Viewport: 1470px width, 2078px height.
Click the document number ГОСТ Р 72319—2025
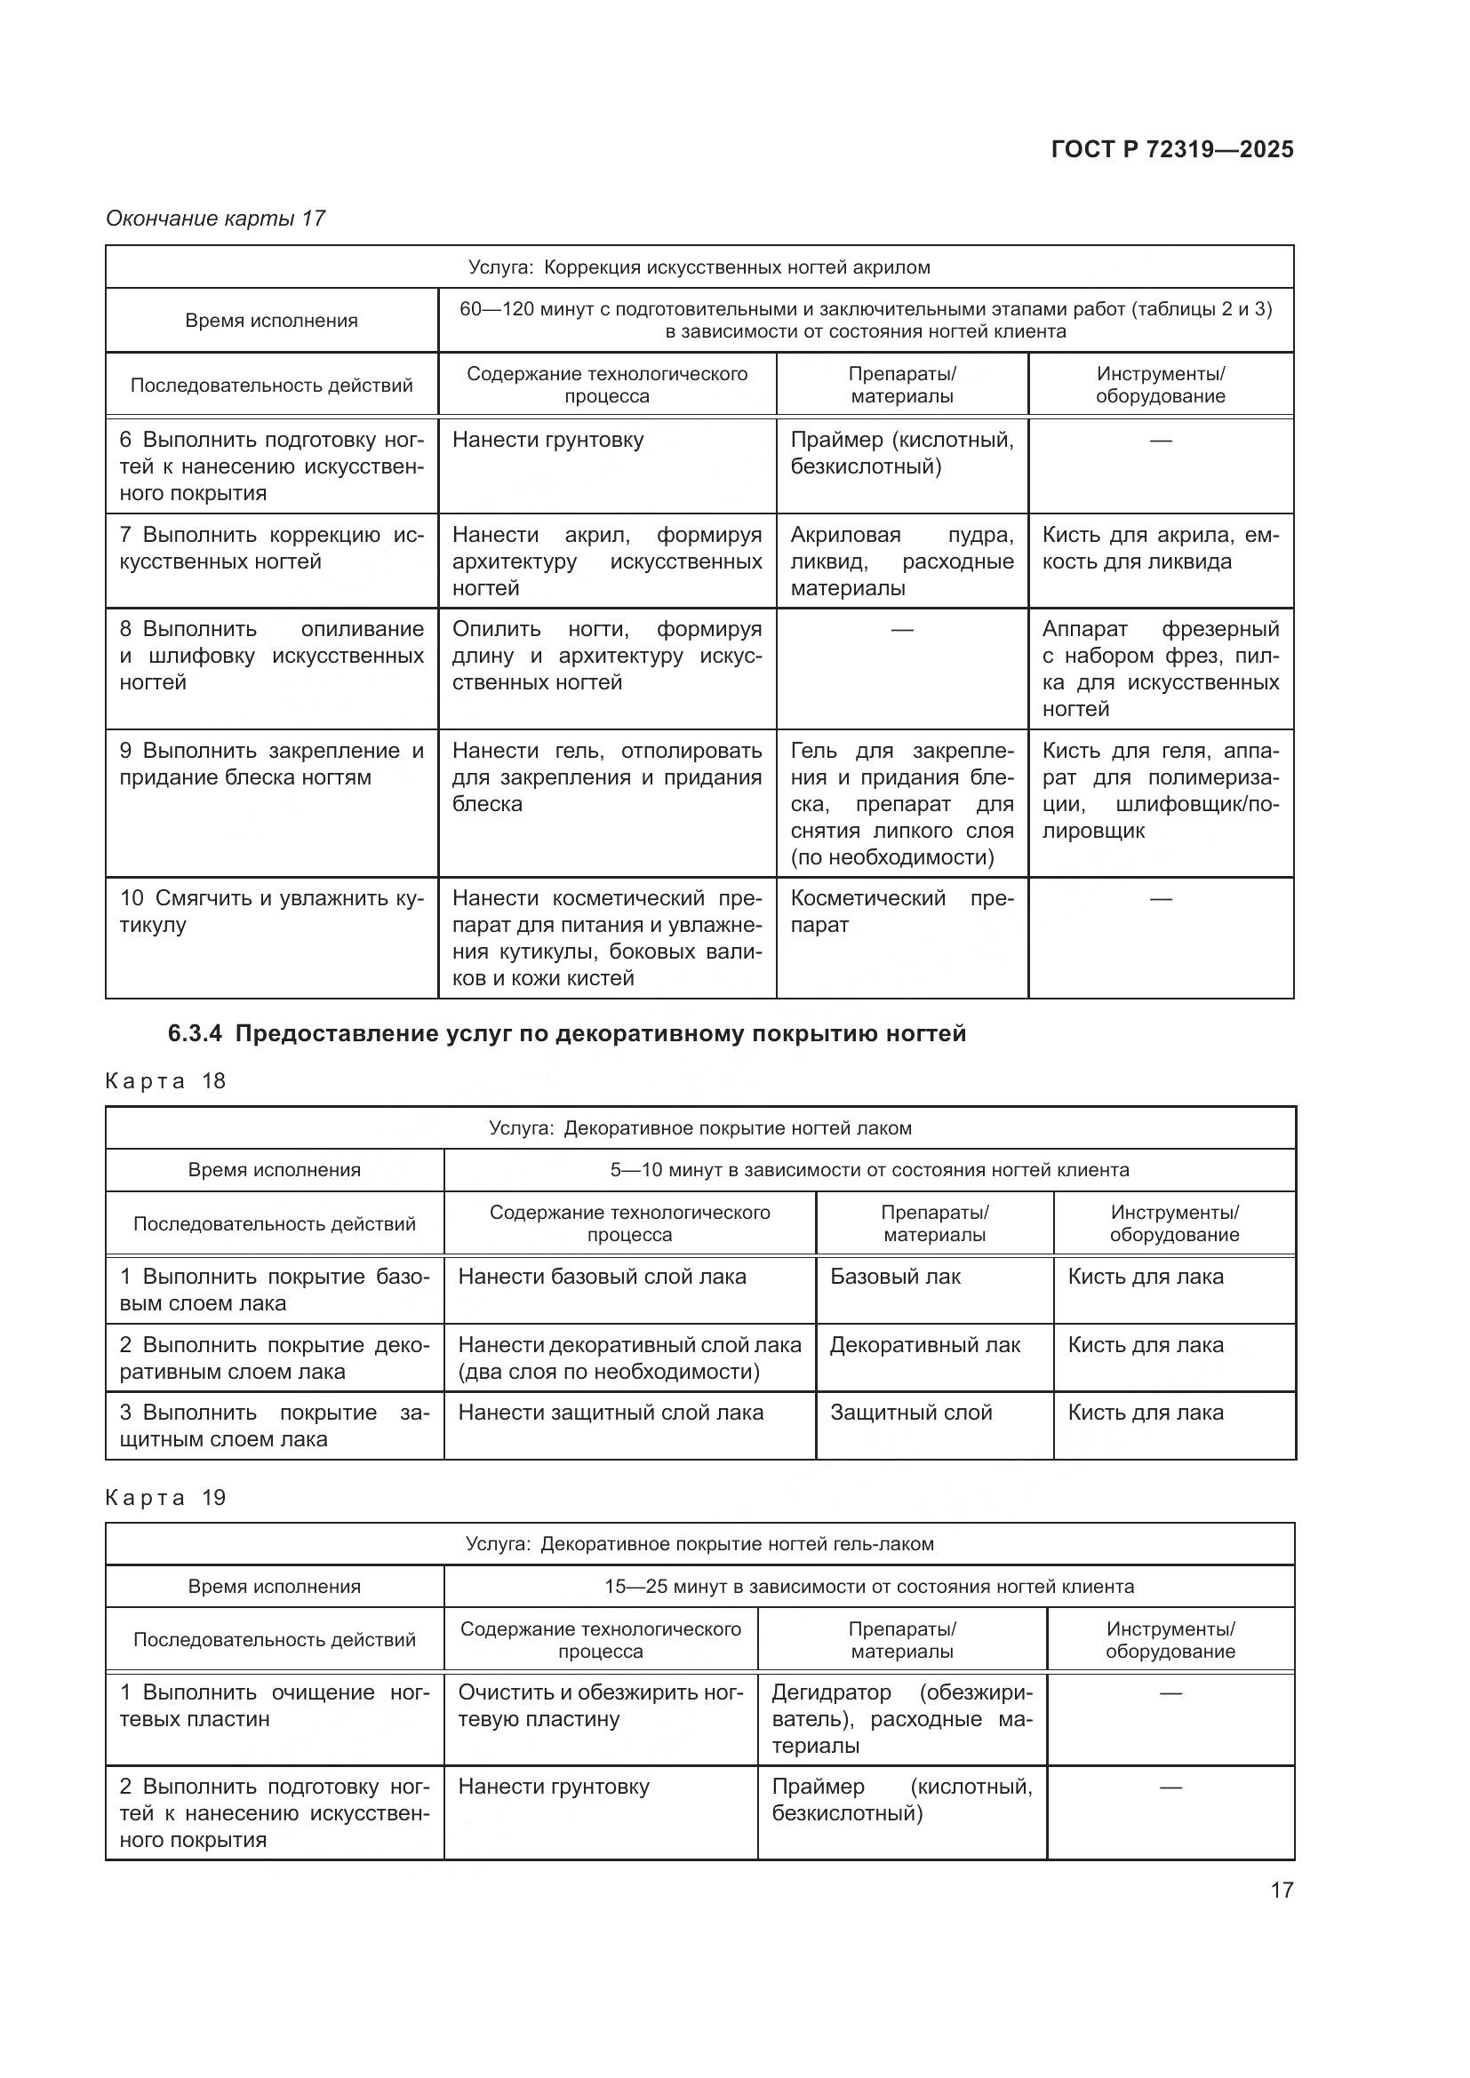click(x=1171, y=149)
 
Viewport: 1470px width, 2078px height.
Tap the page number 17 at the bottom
click(x=1281, y=1890)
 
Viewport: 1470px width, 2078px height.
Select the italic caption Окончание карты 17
click(x=215, y=219)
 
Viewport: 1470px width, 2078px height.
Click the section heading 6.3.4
click(x=567, y=1033)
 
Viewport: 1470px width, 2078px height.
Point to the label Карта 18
click(x=165, y=1080)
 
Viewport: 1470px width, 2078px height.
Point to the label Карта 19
click(x=165, y=1497)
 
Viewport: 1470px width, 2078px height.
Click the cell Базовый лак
click(x=894, y=1277)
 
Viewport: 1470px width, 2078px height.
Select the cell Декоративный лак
click(x=924, y=1345)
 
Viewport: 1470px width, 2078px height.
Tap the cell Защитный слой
click(x=911, y=1413)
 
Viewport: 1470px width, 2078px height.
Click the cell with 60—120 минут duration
click(x=866, y=321)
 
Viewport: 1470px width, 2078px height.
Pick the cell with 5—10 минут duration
click(x=869, y=1170)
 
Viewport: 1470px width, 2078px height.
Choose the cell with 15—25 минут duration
click(x=869, y=1587)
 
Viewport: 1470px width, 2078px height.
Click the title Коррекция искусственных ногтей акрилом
click(x=699, y=267)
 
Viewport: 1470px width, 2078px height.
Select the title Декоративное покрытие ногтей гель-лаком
click(x=699, y=1544)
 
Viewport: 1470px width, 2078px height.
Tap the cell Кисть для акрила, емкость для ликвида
click(x=1160, y=548)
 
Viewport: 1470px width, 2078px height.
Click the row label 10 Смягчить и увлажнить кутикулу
click(x=271, y=912)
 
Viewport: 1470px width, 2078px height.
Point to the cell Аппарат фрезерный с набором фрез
click(x=1160, y=668)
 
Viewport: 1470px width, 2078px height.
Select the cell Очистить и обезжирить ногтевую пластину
click(x=599, y=1706)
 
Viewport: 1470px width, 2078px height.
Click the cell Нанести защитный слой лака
click(x=610, y=1413)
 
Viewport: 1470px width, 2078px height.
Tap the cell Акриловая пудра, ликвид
click(x=901, y=561)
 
